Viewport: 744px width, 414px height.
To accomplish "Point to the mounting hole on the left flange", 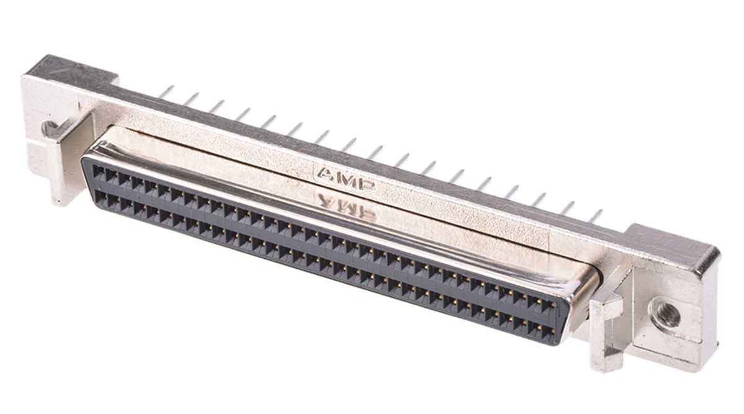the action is [50, 128].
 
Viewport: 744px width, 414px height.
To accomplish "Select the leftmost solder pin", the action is [166, 92].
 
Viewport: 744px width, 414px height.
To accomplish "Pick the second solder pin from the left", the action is [191, 99].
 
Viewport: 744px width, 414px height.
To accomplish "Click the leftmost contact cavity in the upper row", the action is [99, 172].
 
